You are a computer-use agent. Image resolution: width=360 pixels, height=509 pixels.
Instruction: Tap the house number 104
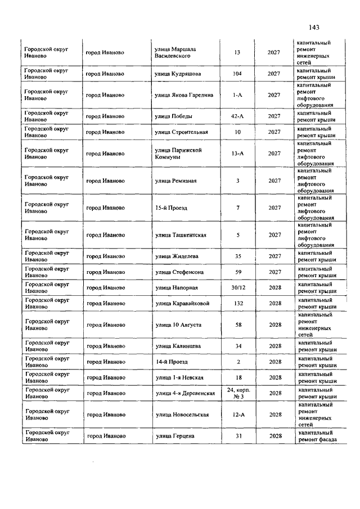(237, 74)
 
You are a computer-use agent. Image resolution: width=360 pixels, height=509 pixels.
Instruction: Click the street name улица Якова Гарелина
(184, 95)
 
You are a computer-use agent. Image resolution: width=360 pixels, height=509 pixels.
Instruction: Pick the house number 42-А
(237, 116)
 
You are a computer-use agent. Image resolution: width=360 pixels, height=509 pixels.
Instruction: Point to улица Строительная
(181, 132)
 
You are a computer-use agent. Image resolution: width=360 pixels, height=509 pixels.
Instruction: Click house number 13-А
(237, 154)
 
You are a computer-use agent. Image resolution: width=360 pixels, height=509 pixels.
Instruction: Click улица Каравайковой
(182, 304)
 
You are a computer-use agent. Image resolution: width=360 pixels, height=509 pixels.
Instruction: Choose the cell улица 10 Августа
(178, 325)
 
